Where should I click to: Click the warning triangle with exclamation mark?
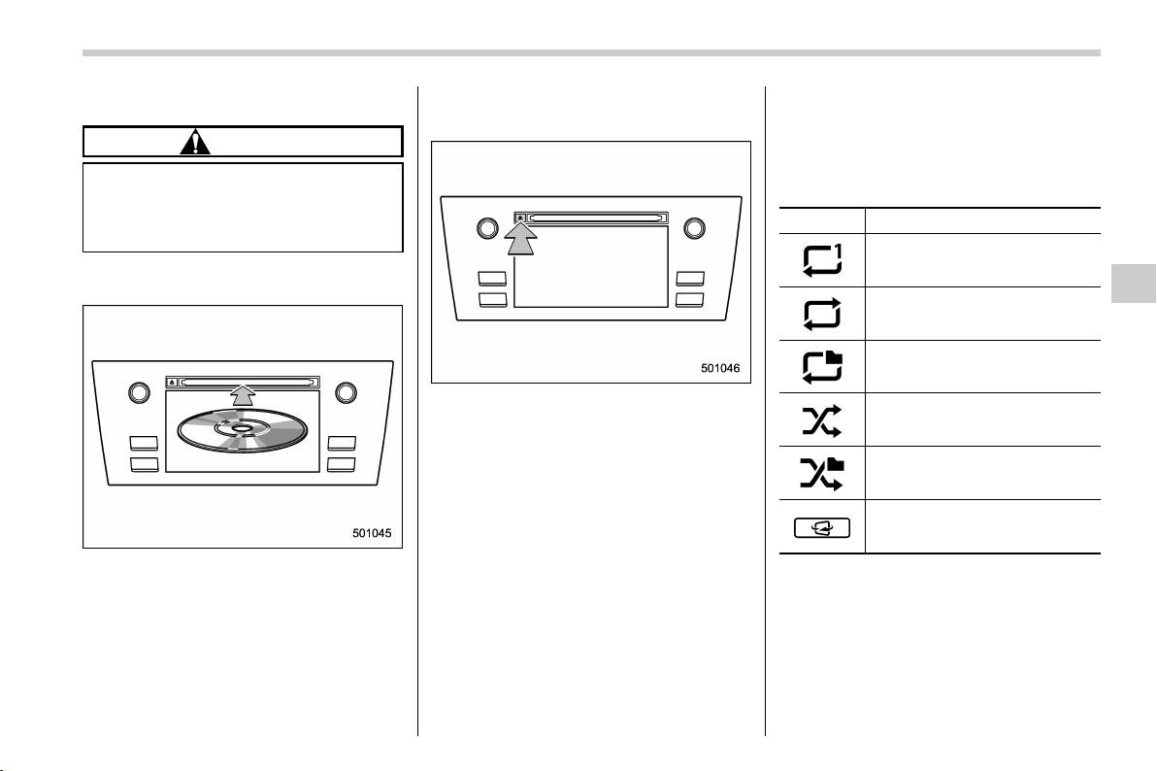tap(195, 142)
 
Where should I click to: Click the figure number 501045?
tap(371, 533)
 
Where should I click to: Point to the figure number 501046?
tap(720, 368)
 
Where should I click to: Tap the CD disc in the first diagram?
tap(243, 430)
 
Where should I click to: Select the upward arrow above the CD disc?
tap(243, 395)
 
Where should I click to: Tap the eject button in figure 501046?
tap(520, 218)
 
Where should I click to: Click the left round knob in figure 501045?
tap(139, 393)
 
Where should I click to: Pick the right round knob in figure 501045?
tap(347, 393)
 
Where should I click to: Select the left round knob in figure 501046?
tap(487, 228)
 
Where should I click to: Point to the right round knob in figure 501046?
tap(694, 228)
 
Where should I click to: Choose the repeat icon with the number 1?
tap(822, 260)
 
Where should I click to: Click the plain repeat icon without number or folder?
tap(822, 314)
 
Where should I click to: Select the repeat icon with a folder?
tap(822, 367)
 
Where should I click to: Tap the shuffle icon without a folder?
tap(821, 420)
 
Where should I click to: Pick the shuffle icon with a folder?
tap(822, 474)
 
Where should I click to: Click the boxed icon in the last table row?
tap(822, 528)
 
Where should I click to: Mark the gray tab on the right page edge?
tap(1134, 283)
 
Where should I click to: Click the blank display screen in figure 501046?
tap(591, 267)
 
